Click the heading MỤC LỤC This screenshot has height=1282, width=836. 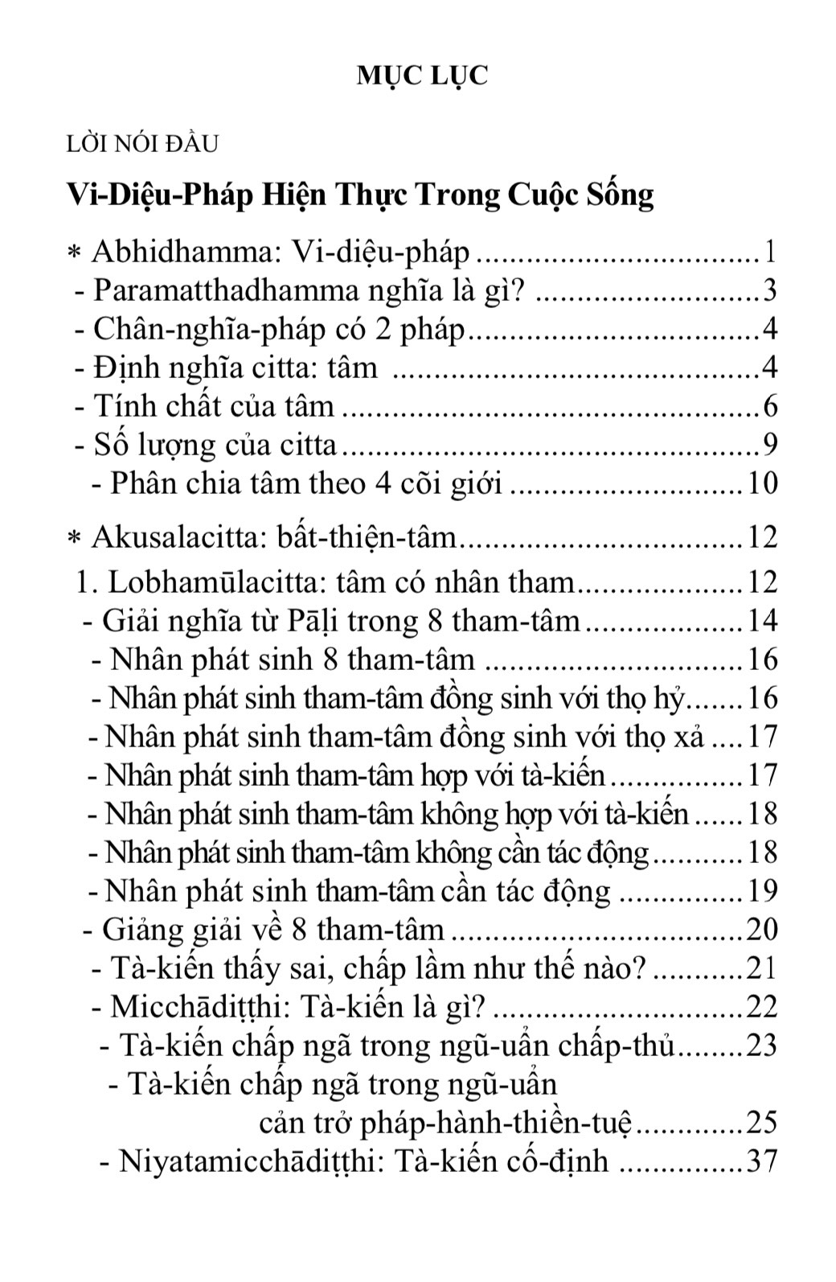(x=422, y=76)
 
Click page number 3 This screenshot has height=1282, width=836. (x=769, y=290)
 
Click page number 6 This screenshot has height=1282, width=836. (x=769, y=406)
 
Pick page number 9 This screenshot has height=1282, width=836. (x=769, y=445)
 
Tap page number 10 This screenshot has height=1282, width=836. (x=762, y=483)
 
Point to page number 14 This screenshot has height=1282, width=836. (x=762, y=621)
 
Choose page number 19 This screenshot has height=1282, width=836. (x=762, y=891)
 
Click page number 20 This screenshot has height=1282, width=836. (x=762, y=930)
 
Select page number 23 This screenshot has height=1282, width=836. (x=762, y=1046)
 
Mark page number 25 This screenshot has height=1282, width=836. (x=762, y=1123)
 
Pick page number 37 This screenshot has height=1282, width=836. (x=762, y=1161)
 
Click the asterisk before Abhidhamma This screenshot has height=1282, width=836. (x=74, y=254)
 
